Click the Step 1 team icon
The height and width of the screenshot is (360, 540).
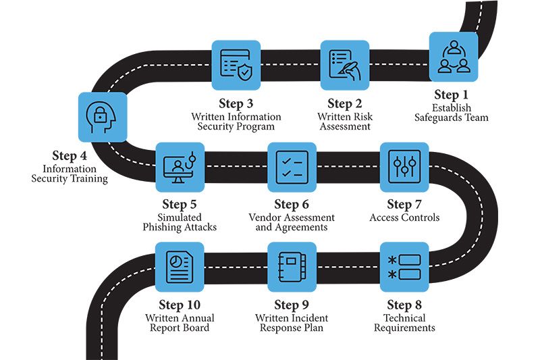tap(454, 57)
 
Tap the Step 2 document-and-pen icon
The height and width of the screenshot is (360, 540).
tap(344, 65)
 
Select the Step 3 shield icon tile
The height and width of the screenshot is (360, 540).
tap(236, 65)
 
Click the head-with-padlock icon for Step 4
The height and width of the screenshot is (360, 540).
tap(103, 116)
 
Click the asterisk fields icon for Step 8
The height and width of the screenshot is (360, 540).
tap(404, 266)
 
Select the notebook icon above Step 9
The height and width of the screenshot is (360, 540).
tap(292, 266)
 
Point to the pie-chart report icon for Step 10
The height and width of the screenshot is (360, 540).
tap(180, 266)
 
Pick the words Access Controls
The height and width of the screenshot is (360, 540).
tap(404, 217)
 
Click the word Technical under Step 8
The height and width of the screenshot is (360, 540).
tap(404, 317)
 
